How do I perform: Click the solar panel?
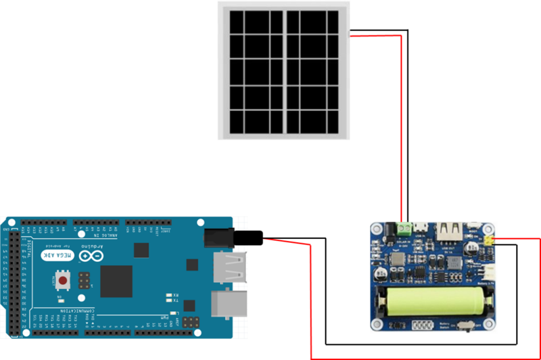pyautogui.click(x=283, y=71)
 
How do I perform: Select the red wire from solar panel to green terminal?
pyautogui.click(x=402, y=122)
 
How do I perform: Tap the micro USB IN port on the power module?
pyautogui.click(x=423, y=229)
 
